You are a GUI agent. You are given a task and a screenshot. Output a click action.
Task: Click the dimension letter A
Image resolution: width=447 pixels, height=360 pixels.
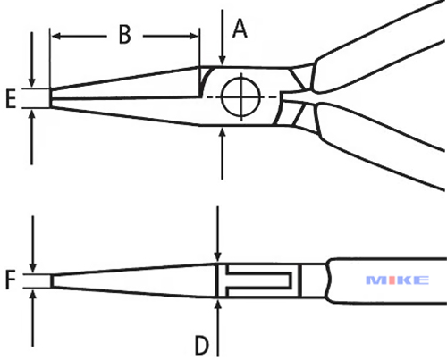pyautogui.click(x=240, y=29)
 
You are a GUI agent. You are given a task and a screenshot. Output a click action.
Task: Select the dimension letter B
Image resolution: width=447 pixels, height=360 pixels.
pyautogui.click(x=125, y=34)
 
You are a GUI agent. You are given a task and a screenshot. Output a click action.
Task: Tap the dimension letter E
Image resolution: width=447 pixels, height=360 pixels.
pyautogui.click(x=11, y=98)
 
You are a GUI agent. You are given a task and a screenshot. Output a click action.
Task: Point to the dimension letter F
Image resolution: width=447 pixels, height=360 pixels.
pyautogui.click(x=11, y=280)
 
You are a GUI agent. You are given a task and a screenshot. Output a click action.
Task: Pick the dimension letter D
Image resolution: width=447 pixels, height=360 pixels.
pyautogui.click(x=202, y=346)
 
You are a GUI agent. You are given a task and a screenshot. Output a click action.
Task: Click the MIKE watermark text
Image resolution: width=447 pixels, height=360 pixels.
pyautogui.click(x=398, y=280)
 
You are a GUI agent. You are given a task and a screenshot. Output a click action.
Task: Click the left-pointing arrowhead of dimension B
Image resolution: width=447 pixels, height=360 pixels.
pyautogui.click(x=56, y=37)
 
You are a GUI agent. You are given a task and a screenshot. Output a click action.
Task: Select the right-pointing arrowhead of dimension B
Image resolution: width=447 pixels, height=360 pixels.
pyautogui.click(x=193, y=37)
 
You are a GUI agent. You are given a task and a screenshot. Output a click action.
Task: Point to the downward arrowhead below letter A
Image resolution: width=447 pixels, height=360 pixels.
pyautogui.click(x=222, y=60)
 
